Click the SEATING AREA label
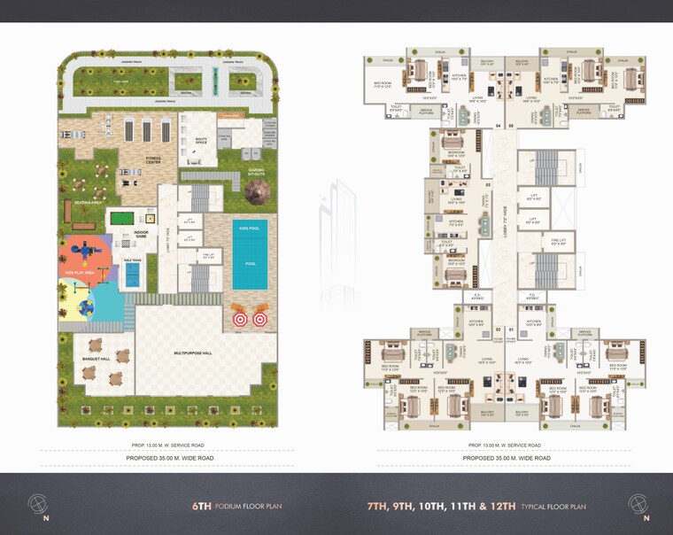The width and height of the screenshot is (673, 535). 80,203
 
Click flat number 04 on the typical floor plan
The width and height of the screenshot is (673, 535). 499,126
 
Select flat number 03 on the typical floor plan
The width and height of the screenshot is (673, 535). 487,184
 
